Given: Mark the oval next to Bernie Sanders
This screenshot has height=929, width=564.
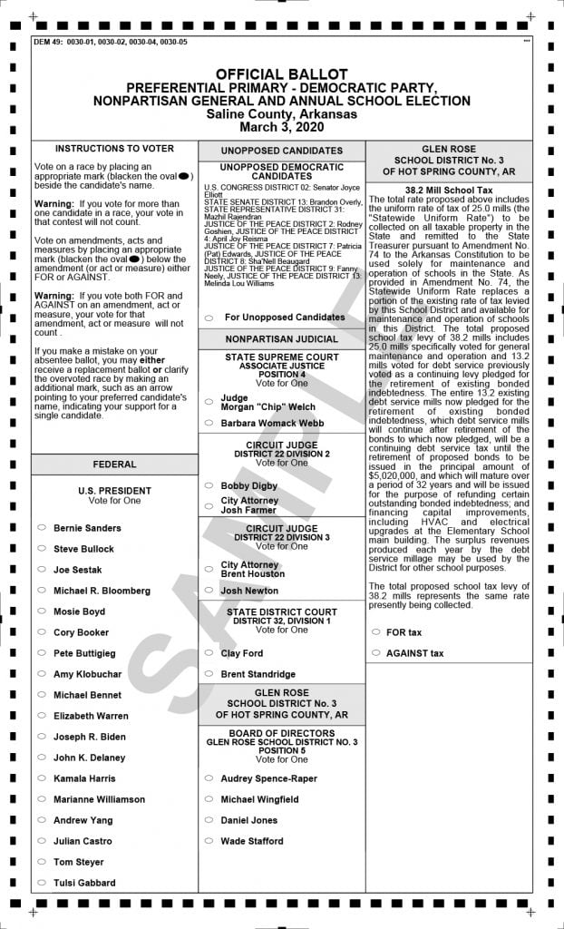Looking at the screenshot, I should tap(42, 528).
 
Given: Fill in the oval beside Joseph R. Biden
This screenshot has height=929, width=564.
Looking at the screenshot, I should tap(42, 737).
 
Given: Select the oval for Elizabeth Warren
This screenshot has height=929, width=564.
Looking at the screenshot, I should tap(42, 716).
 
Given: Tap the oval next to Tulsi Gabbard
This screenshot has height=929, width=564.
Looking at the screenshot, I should tap(42, 883).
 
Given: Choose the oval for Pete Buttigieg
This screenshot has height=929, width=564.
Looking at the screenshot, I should tap(42, 653).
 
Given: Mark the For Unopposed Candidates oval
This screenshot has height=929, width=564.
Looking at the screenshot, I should tap(209, 318).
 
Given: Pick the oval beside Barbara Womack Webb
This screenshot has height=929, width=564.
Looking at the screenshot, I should tap(209, 423).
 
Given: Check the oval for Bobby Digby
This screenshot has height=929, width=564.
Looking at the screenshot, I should tap(209, 486).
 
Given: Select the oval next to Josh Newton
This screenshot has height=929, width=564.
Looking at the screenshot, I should tap(209, 591).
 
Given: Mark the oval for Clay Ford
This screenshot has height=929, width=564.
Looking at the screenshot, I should tap(209, 653).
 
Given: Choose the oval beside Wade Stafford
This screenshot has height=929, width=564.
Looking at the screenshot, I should tap(209, 841).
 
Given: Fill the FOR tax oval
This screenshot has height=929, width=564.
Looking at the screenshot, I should tap(375, 632).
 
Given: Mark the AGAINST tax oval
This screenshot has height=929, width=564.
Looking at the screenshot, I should tap(375, 653).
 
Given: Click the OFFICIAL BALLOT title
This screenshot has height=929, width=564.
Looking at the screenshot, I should tap(281, 73).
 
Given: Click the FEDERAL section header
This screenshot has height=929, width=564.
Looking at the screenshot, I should tap(114, 464).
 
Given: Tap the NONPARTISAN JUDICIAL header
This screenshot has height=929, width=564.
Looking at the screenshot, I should tap(281, 339).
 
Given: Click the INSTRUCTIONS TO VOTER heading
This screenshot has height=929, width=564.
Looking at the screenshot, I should tap(114, 148).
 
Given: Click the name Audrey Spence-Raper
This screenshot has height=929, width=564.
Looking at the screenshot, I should tap(268, 778).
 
